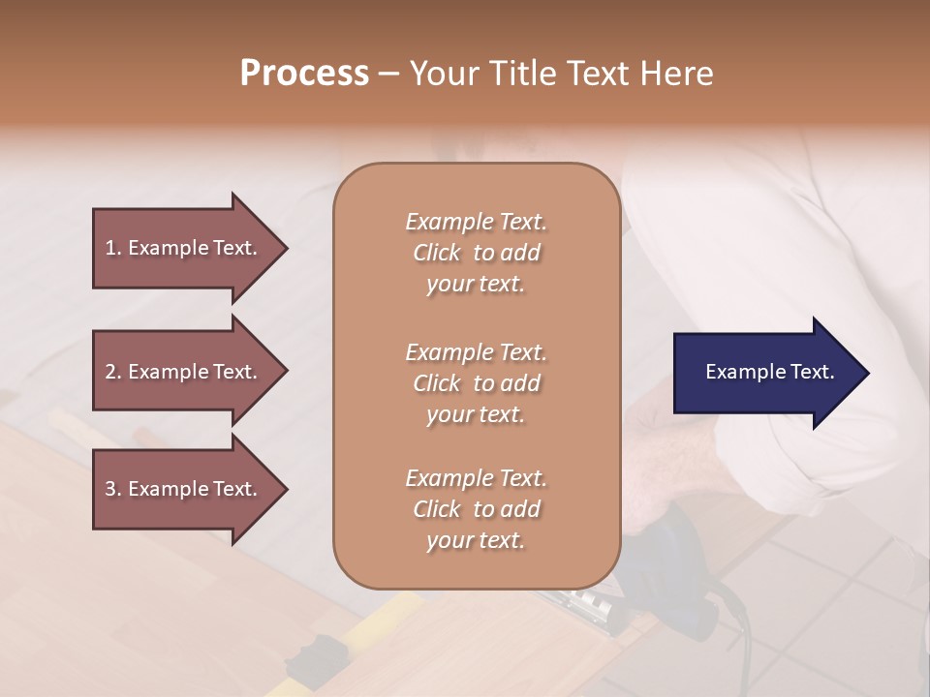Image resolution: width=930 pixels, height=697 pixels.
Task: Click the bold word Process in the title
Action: pos(304,74)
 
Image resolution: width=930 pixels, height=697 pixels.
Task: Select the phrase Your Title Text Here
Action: pos(562,74)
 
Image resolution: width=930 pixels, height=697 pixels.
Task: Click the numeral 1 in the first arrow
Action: pos(110,248)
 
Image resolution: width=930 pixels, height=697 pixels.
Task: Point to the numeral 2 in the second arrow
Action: pos(110,372)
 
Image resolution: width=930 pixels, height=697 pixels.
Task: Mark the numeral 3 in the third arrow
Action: pos(110,489)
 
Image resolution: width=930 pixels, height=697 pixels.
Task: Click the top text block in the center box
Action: pos(476,253)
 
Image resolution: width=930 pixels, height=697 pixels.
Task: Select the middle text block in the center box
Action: pos(476,383)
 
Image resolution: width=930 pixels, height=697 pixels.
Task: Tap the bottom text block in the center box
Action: pos(476,509)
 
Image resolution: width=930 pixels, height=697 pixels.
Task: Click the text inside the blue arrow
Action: pos(770,372)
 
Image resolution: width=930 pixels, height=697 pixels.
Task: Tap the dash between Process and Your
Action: pos(389,75)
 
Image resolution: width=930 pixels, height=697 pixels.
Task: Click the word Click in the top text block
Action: pos(437,253)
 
